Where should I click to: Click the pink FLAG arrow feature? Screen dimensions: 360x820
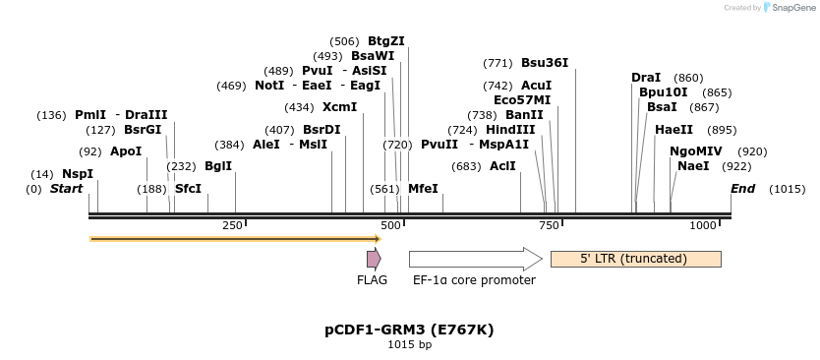coord(374,259)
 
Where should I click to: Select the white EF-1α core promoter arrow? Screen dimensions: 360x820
coord(475,259)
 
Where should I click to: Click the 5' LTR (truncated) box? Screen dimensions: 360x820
coord(635,259)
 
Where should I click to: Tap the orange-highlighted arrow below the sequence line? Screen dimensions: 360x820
coord(235,238)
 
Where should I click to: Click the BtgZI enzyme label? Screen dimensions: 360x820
coord(385,41)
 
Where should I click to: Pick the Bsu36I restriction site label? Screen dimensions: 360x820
coord(544,63)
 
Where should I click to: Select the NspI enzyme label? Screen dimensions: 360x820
coord(78,174)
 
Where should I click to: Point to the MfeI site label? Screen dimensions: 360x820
coord(423,188)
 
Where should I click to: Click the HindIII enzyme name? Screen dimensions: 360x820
coord(510,130)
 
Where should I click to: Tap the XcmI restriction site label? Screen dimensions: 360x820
coord(339,107)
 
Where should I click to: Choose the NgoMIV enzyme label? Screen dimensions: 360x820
coord(695,151)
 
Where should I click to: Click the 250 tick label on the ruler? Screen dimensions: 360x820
coord(232,226)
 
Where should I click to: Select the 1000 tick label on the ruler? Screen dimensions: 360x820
coord(703,226)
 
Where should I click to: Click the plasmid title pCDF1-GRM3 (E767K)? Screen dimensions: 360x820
coord(409,330)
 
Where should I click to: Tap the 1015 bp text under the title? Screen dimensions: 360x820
coord(409,344)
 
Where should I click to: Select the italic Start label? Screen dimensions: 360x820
coord(66,188)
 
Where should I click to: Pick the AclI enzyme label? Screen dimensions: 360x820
coord(502,166)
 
